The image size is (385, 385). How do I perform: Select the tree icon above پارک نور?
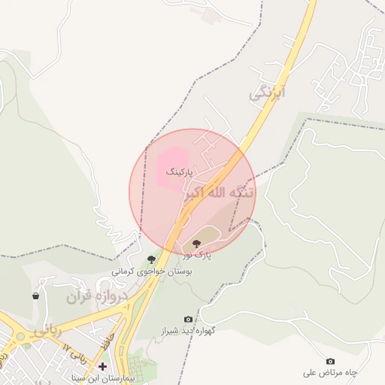point(197,244)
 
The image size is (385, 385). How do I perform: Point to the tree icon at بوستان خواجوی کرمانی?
point(151,259)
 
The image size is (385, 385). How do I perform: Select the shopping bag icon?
point(36,296)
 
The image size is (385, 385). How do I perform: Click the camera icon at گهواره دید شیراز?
point(188,320)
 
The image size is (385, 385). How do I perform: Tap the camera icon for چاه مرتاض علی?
point(330,362)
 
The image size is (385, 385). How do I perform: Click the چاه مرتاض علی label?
point(330,373)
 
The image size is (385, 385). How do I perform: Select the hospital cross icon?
point(103,366)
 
